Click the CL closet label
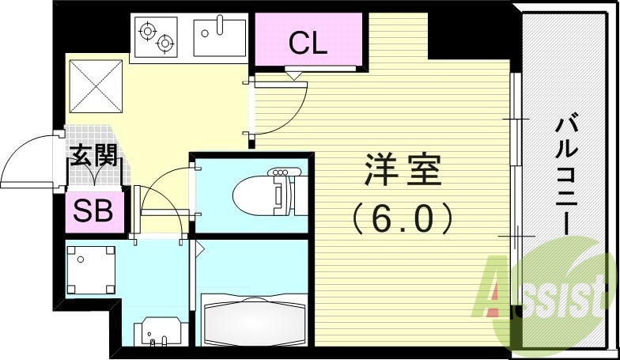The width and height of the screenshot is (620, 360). click(x=308, y=42)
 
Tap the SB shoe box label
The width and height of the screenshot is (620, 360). click(x=93, y=212)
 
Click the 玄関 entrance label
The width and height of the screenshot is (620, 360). click(x=94, y=155)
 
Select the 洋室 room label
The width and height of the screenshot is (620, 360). click(x=403, y=169)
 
